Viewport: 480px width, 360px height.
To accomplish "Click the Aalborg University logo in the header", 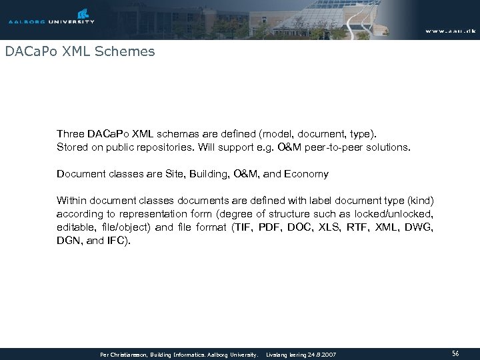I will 51,17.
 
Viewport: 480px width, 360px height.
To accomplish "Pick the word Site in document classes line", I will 169,174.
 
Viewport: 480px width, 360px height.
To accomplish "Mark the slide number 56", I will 456,353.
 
